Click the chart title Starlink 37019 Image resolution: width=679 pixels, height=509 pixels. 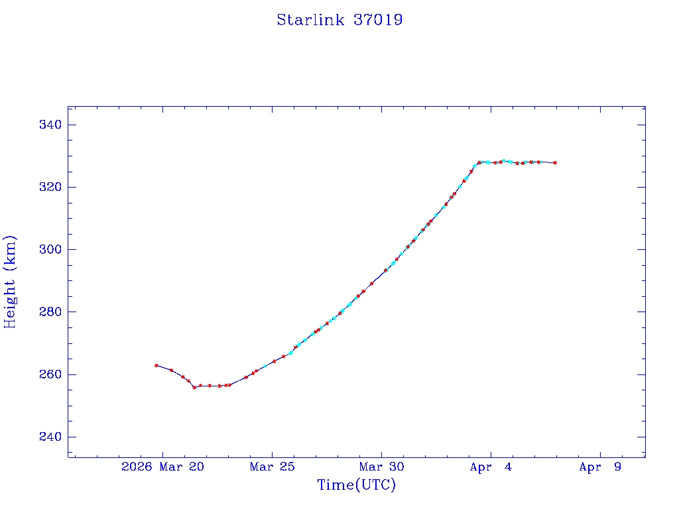coord(339,20)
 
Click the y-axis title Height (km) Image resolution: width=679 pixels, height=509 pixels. coord(10,282)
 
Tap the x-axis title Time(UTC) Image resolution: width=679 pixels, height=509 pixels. coord(356,485)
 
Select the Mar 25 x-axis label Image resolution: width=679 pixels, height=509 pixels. coord(272,467)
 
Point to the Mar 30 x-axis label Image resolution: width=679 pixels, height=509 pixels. coord(381,467)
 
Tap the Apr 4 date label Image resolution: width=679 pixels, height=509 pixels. coord(491,467)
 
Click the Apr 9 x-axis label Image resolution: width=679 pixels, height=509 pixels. coord(600,467)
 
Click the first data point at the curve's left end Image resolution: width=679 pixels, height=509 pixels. coord(156,365)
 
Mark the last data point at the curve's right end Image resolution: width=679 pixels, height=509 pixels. coord(555,162)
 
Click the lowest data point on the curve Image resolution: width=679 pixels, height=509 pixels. coord(194,387)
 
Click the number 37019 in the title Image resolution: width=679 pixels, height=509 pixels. coord(378,20)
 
